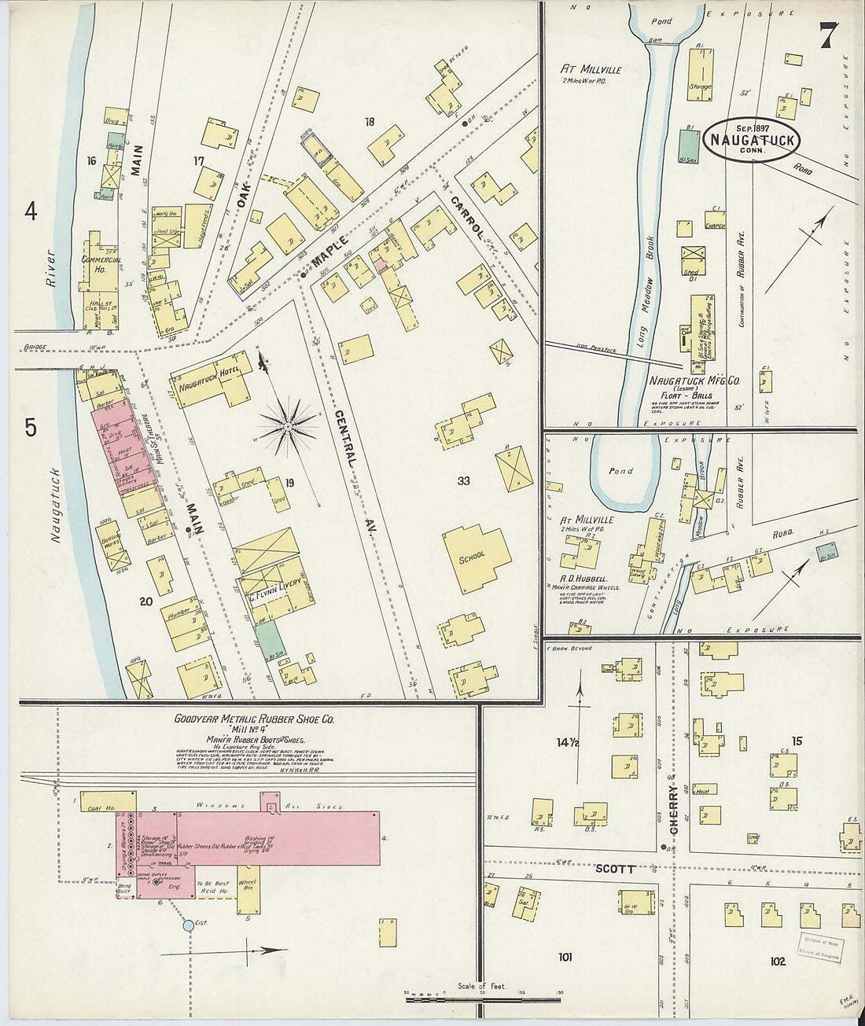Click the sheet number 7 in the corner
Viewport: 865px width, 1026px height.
click(828, 35)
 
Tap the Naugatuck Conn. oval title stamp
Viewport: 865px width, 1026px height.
click(753, 140)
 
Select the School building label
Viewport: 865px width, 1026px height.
click(473, 555)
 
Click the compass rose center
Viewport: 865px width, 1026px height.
click(288, 426)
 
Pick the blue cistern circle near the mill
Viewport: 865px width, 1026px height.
click(189, 926)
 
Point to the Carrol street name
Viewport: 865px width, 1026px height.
click(466, 217)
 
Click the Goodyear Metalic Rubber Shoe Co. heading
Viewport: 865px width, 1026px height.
click(255, 719)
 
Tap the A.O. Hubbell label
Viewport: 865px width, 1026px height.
click(587, 578)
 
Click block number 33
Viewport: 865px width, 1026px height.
click(463, 480)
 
